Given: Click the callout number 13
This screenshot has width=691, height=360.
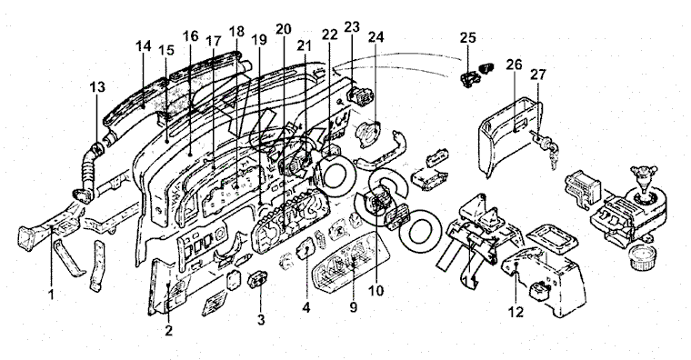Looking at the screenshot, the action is (x=97, y=87).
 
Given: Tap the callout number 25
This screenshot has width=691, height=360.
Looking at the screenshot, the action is (x=468, y=38).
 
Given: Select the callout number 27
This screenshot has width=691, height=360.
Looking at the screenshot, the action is (x=537, y=75).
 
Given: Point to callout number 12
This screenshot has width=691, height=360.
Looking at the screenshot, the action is (x=516, y=312).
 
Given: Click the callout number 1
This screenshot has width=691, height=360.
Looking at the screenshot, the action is (x=52, y=294).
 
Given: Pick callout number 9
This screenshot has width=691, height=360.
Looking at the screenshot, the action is (x=354, y=307).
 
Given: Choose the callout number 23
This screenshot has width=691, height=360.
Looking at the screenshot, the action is (x=352, y=27).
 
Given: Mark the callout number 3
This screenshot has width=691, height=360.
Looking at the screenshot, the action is (x=261, y=320).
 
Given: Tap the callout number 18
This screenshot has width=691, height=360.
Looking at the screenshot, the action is (x=236, y=31).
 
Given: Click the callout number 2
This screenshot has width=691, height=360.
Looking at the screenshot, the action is (x=169, y=331).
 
